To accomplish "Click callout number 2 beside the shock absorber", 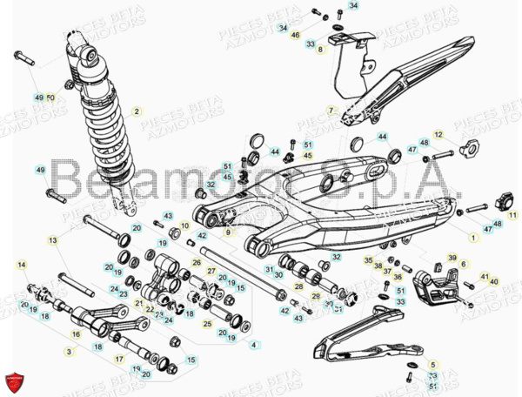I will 137,111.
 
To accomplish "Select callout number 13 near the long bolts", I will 53,240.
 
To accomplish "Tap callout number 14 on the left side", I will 23,264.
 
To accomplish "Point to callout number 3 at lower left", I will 69,351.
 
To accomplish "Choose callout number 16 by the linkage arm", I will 76,333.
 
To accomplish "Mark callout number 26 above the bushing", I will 197,261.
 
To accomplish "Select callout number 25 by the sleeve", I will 207,324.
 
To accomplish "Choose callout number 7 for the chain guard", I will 331,111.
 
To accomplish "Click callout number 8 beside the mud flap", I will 320,50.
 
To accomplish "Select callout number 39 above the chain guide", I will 452,258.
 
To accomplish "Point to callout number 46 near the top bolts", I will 295,35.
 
